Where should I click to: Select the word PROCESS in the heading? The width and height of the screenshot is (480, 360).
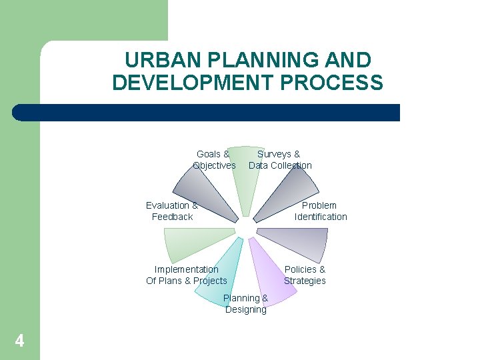click(347, 83)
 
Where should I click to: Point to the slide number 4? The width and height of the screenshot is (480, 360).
click(19, 341)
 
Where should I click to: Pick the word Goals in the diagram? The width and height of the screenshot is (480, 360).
click(209, 154)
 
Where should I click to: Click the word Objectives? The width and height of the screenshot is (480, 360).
click(214, 165)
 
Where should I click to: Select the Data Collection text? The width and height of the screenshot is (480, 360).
click(280, 165)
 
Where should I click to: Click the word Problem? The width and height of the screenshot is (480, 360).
click(319, 205)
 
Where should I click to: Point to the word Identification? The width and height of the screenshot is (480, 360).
click(321, 217)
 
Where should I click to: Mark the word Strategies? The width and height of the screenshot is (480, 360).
click(305, 281)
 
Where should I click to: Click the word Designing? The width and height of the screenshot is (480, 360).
click(246, 309)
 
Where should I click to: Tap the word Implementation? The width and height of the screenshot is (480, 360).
click(186, 269)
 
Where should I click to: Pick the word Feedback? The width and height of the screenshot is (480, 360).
click(172, 217)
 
